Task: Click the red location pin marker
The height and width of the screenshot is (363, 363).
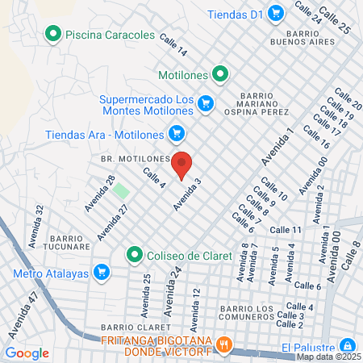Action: coord(182,164)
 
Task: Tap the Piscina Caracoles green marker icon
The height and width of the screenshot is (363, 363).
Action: coord(54,34)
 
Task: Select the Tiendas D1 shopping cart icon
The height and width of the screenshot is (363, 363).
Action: coord(276,13)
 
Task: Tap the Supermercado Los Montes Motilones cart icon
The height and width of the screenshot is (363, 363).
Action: coord(207,102)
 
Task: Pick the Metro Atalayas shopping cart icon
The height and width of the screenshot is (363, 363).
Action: coord(101,272)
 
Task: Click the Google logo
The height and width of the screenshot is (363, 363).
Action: coord(27,353)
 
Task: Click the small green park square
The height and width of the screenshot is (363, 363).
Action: coord(120,191)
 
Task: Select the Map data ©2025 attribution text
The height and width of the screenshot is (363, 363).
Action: coord(328,356)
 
